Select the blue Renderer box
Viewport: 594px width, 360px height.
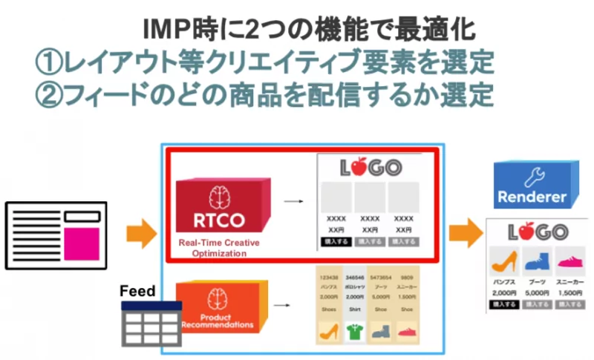[x=532, y=187]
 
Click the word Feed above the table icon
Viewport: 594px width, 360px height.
[x=137, y=292]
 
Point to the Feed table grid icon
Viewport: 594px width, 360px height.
[x=151, y=324]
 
